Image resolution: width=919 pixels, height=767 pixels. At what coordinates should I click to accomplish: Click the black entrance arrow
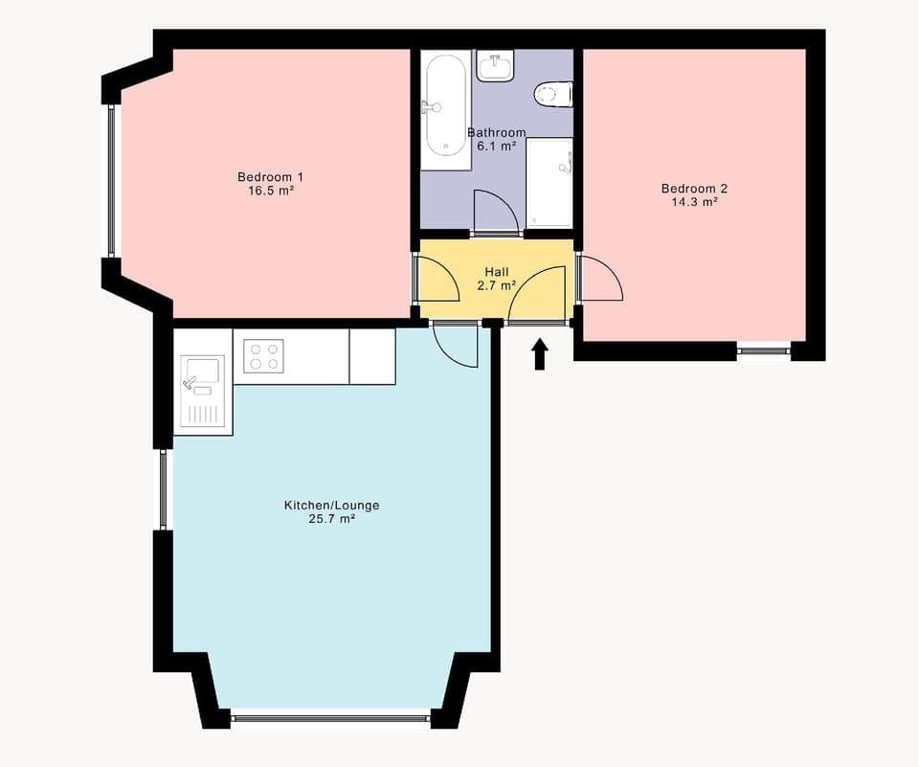[540, 353]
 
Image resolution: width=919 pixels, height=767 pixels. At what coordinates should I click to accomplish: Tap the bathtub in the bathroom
[446, 105]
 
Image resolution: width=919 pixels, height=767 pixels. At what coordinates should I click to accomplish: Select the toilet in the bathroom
[553, 94]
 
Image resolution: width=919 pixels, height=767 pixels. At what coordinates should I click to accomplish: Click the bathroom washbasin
[495, 66]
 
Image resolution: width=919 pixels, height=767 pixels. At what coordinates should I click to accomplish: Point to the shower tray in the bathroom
[549, 184]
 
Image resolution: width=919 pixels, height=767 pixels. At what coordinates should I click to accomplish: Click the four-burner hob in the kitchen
[264, 356]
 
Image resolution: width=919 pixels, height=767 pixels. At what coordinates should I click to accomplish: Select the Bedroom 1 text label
[270, 177]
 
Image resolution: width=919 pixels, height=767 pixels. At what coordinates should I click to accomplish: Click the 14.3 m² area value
[690, 202]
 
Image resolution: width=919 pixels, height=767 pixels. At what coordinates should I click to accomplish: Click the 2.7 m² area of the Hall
[497, 285]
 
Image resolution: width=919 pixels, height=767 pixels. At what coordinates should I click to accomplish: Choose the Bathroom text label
[496, 132]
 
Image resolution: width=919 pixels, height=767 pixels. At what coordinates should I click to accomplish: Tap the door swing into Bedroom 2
[600, 280]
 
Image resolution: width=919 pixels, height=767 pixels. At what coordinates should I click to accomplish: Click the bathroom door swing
[496, 212]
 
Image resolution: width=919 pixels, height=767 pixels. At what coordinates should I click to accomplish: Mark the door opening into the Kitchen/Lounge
[456, 346]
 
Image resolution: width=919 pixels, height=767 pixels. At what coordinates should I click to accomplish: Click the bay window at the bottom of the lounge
[331, 717]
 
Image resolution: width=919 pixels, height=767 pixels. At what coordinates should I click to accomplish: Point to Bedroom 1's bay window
[112, 181]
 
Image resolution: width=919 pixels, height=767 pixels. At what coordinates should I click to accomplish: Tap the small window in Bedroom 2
[763, 351]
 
